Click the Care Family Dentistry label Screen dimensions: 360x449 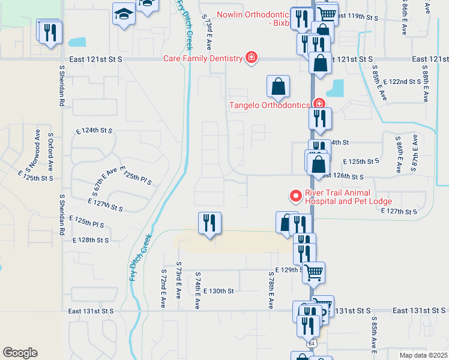coord(202,58)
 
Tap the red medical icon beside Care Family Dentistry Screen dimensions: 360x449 coord(252,58)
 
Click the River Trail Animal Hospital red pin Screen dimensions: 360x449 coord(295,196)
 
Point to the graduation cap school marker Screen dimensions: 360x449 coord(123,14)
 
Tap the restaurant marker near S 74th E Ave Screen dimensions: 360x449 coord(209,223)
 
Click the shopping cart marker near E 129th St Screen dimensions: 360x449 coord(313,272)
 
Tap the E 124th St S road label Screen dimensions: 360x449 coord(94,130)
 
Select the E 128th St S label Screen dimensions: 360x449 coord(90,240)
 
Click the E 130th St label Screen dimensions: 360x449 coord(218,291)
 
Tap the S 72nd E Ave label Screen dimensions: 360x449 coord(163,289)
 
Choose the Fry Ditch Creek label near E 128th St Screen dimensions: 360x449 coord(139,257)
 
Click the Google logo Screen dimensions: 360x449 coord(20,353)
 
